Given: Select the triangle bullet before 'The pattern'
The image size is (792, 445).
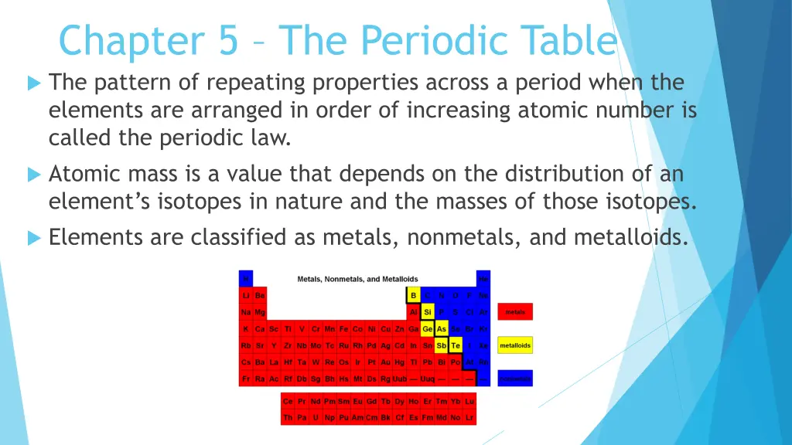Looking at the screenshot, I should click(33, 83).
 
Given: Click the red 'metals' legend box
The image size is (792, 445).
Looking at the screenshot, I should click(515, 312).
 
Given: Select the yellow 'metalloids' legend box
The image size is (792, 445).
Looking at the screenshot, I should click(515, 345).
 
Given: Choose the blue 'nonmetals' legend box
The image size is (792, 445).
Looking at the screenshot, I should click(515, 379).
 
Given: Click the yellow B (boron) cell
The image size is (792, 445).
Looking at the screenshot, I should click(414, 295).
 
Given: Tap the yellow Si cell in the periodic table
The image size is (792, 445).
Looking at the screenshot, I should click(428, 312).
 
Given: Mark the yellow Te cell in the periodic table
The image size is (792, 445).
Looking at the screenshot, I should click(456, 345).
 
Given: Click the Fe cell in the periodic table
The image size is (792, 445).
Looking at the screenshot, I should click(343, 329).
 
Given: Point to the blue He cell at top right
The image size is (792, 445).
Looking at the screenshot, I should click(483, 278).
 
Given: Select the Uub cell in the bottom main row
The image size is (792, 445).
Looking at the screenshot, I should click(399, 379).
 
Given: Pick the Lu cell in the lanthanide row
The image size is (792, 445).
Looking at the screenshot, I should click(469, 402).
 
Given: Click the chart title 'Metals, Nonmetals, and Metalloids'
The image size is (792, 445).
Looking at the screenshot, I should click(357, 279).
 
